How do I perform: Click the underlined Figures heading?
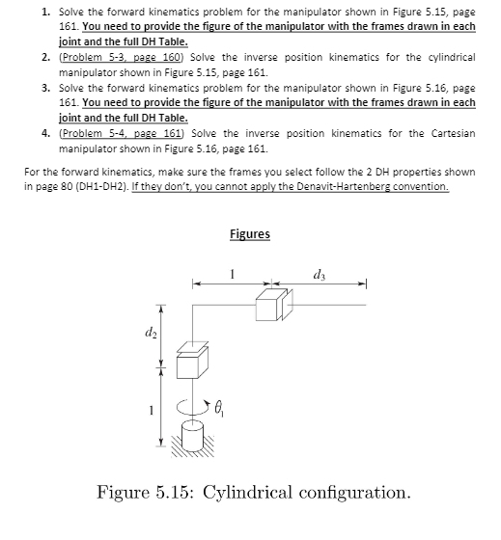(x=250, y=234)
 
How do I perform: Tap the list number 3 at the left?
(x=46, y=88)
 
